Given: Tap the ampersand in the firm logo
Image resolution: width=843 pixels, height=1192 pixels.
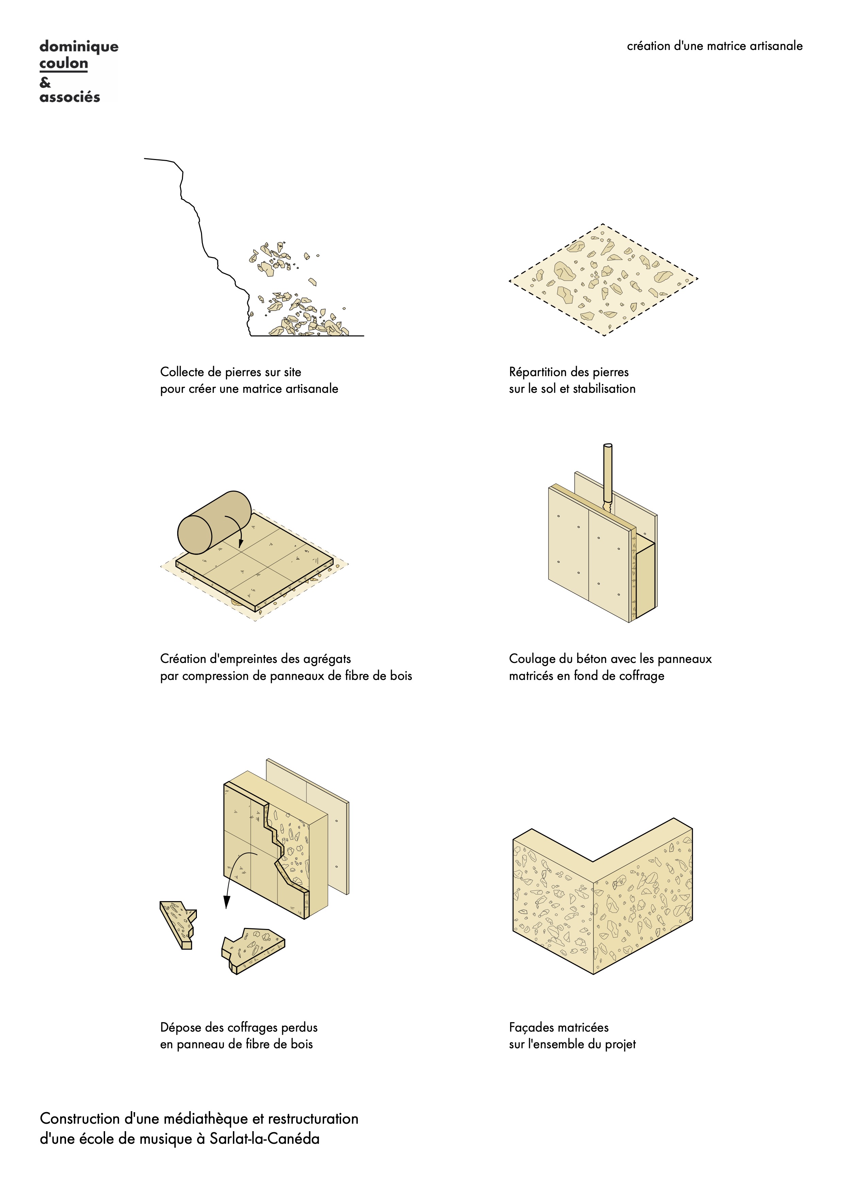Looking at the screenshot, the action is [x=45, y=82].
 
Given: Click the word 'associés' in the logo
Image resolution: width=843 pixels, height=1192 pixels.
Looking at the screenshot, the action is [x=70, y=97].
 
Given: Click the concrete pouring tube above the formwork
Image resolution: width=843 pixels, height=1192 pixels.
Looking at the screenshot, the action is [x=607, y=477].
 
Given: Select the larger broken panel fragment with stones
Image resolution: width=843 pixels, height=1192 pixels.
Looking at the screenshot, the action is [x=253, y=949].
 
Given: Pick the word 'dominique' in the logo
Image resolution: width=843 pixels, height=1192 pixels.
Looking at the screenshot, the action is [x=79, y=47].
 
